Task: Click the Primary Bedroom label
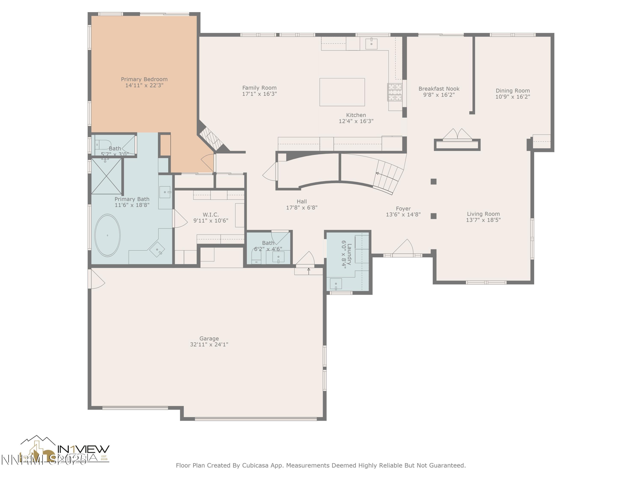pyautogui.click(x=144, y=79)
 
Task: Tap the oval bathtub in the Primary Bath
pyautogui.click(x=107, y=235)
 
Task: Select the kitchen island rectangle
pyautogui.click(x=342, y=92)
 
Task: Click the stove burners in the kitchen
pyautogui.click(x=395, y=92)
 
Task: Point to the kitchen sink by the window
pyautogui.click(x=371, y=43)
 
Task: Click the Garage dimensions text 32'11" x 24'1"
pyautogui.click(x=209, y=344)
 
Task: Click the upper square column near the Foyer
pyautogui.click(x=433, y=182)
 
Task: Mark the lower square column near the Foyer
pyautogui.click(x=433, y=216)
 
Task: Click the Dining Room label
pyautogui.click(x=513, y=91)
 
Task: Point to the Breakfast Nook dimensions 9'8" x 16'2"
pyautogui.click(x=439, y=95)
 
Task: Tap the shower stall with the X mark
pyautogui.click(x=107, y=176)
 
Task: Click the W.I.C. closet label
pyautogui.click(x=211, y=215)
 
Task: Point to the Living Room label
pyautogui.click(x=483, y=214)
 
